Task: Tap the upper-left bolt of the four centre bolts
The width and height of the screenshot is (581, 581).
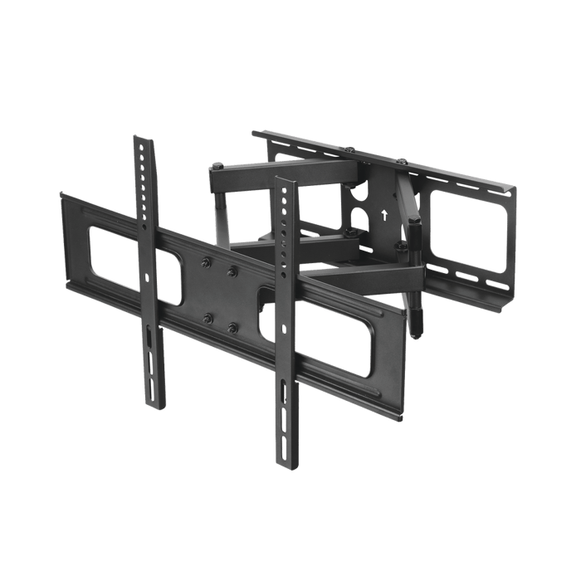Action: coord(203,265)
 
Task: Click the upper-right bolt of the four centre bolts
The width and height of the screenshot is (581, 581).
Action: coord(233,271)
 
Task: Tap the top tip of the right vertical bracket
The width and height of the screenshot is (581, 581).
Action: coord(284,178)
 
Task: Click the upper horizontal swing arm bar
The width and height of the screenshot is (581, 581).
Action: coord(282,174)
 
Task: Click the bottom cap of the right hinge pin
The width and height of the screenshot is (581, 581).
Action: coord(420,327)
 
